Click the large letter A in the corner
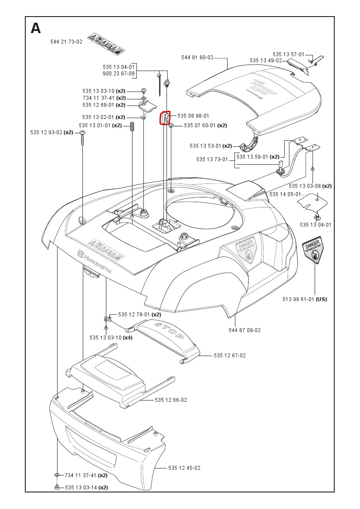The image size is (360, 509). point(36,28)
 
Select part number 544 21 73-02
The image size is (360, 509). point(66,42)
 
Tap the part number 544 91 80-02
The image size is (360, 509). point(197,57)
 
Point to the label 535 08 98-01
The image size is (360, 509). point(193,116)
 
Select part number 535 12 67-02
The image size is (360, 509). point(230,356)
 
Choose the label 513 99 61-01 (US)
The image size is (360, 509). point(304,299)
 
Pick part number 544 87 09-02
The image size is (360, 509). point(245,330)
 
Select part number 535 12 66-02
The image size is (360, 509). point(171,400)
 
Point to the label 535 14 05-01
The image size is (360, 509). point(285,194)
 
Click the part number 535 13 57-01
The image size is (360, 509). point(289,54)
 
